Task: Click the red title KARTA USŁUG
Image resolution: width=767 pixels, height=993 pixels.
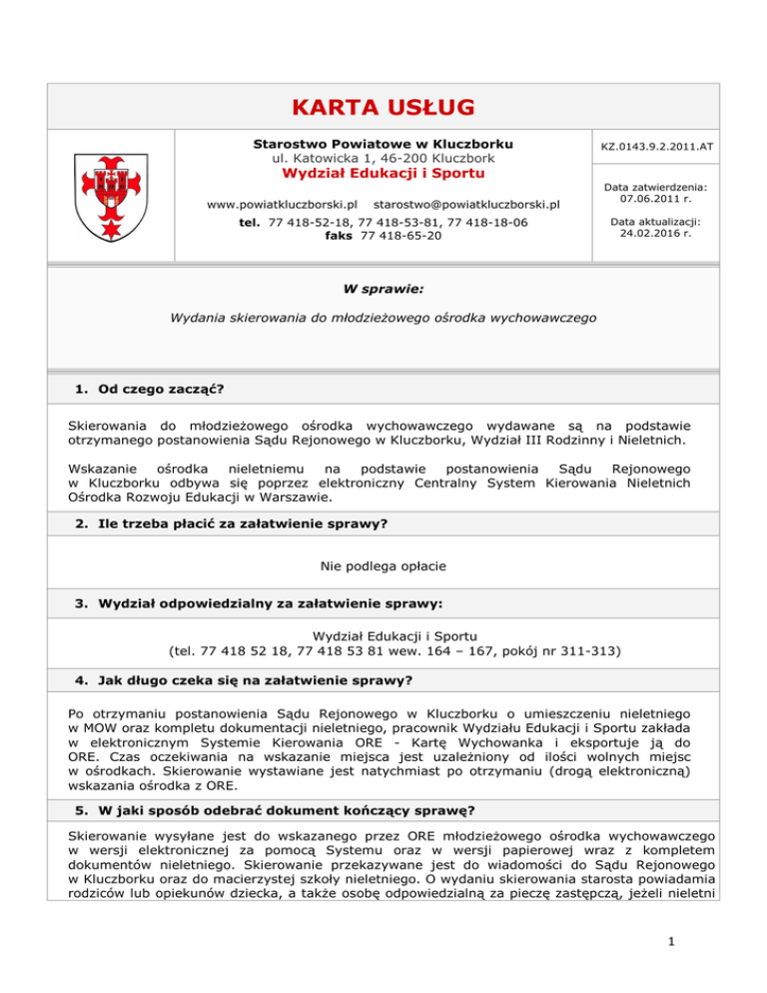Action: [x=383, y=107]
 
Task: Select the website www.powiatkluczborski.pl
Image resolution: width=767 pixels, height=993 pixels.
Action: [x=283, y=205]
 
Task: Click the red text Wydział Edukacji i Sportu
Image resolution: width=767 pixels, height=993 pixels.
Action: [x=383, y=174]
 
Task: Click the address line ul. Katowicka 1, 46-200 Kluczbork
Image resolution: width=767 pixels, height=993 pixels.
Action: [x=383, y=158]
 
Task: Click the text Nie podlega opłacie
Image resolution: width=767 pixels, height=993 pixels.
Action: [x=383, y=565]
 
